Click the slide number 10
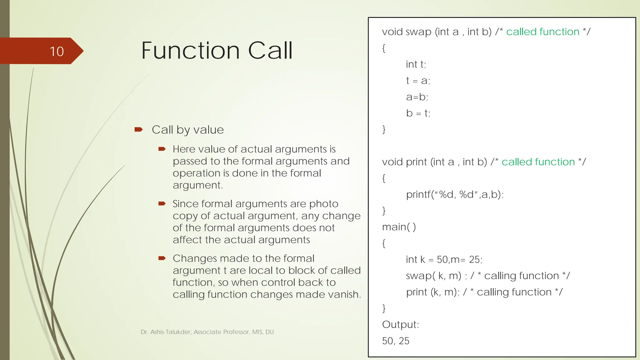coord(57,52)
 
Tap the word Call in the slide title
coord(270,51)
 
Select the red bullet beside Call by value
coord(138,129)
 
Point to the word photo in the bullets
coord(323,204)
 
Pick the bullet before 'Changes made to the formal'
coord(162,258)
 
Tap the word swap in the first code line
coord(418,32)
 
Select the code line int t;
coord(416,64)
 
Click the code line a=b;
coord(417,97)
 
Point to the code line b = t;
coord(418,113)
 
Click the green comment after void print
coord(538,162)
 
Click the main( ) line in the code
coord(399,227)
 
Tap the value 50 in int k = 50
coord(442,259)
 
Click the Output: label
coord(400,324)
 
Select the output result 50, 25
coord(396,341)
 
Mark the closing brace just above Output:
coord(384,308)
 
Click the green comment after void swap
coord(543,32)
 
